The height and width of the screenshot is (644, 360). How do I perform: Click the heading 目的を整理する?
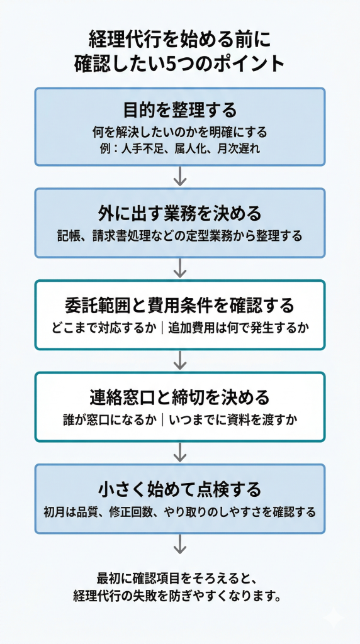(179, 110)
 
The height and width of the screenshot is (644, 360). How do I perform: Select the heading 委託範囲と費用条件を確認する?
(179, 306)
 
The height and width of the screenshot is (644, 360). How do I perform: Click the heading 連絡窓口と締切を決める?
(179, 397)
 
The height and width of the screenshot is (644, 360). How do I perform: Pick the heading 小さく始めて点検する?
(179, 489)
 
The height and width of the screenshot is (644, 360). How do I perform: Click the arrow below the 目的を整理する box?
(180, 176)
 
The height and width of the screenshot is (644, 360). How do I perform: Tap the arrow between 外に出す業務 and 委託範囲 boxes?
(180, 268)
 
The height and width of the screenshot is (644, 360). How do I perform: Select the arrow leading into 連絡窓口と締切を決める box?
(180, 360)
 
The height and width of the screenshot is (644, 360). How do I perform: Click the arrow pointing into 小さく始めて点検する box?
(180, 452)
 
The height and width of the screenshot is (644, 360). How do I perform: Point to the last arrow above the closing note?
(180, 544)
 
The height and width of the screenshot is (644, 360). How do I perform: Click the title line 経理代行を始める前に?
(179, 40)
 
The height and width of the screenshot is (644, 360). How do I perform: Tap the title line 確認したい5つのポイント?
(179, 64)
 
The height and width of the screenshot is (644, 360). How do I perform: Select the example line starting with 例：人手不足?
(179, 149)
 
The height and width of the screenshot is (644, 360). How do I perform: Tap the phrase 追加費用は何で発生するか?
(239, 328)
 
